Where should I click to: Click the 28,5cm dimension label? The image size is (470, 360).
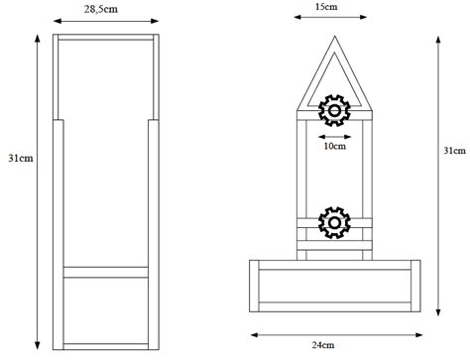[104, 8]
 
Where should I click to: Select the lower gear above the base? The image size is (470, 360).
[334, 224]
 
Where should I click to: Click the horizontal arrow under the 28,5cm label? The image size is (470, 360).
[104, 21]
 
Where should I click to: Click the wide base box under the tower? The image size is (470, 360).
[333, 287]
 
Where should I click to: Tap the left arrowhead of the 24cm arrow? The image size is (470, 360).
[252, 333]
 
